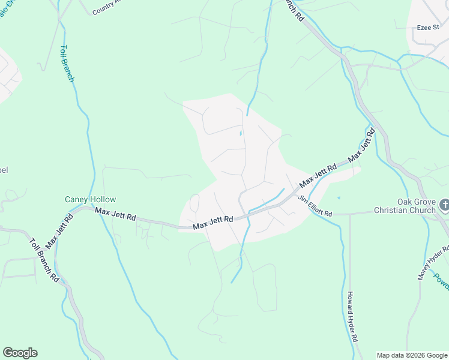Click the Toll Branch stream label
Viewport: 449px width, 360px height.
(68, 63)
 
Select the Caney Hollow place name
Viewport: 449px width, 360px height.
(91, 199)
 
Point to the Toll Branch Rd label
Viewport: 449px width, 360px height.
(45, 260)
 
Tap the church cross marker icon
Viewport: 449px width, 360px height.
(444, 205)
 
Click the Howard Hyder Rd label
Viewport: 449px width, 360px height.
(352, 316)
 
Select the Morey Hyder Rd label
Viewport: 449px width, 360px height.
(433, 262)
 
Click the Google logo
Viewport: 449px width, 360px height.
(20, 353)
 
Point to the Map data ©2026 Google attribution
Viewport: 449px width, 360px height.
(412, 355)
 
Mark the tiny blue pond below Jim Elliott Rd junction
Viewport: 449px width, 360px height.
(339, 197)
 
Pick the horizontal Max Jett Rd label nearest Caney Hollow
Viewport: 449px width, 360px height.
(115, 213)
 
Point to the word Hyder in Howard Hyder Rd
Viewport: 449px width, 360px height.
(352, 327)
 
